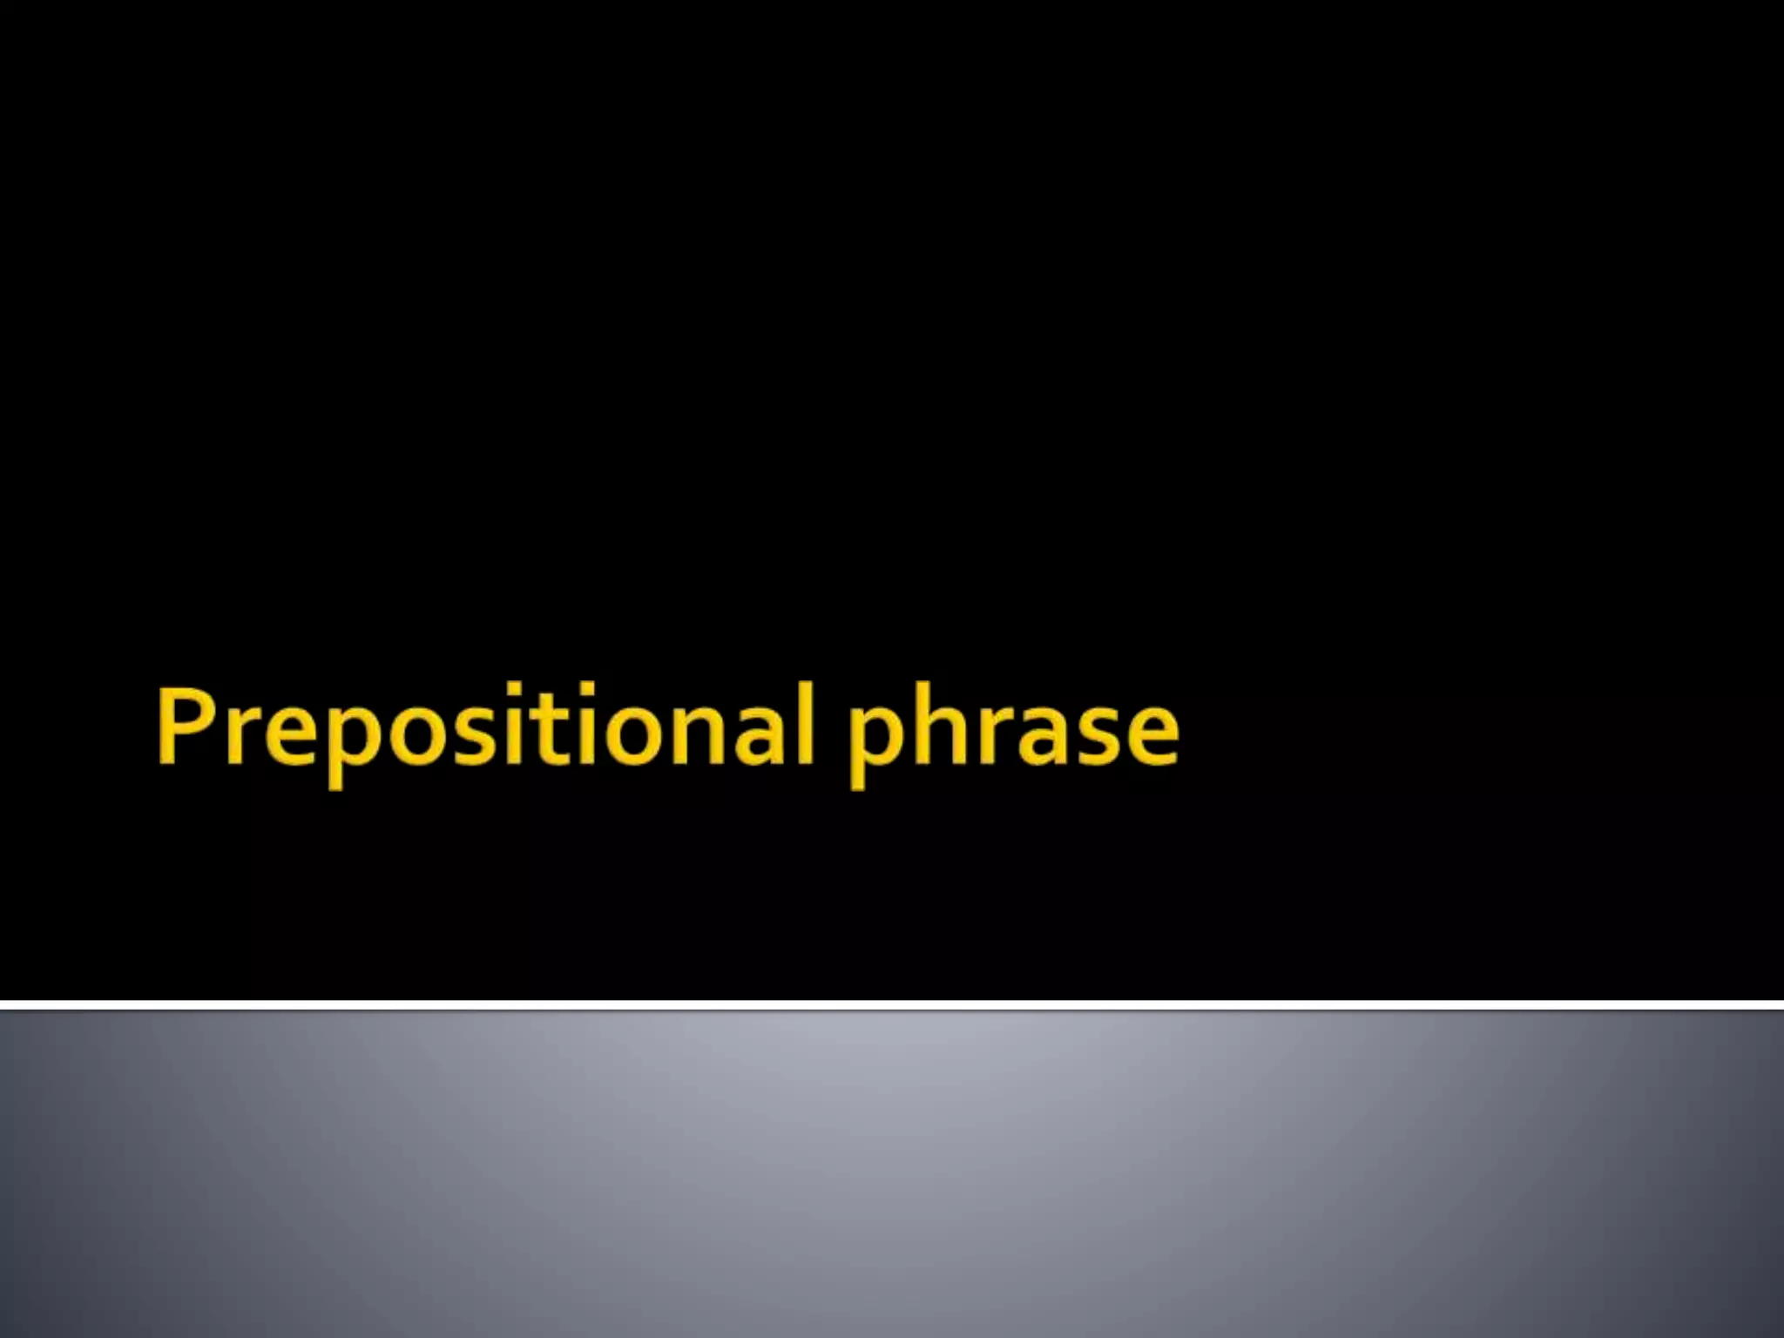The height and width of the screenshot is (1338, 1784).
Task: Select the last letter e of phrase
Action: tap(1148, 736)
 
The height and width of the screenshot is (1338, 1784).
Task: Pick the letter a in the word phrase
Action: tap(1044, 736)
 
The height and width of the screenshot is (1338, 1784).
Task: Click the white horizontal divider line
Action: tap(892, 1005)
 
